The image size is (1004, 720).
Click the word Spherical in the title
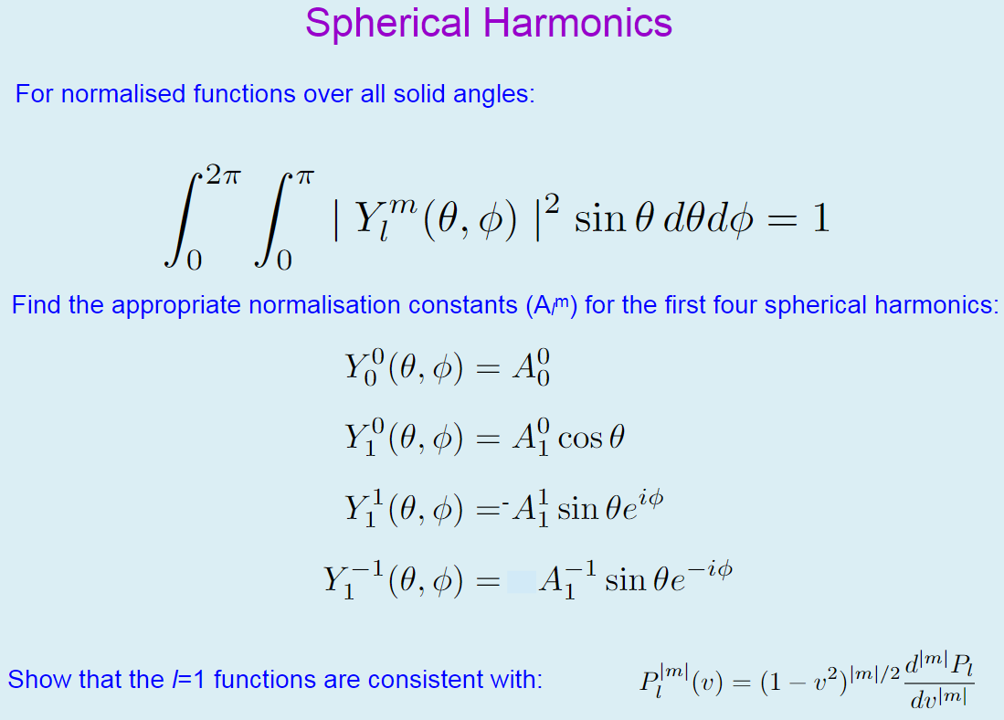pyautogui.click(x=389, y=24)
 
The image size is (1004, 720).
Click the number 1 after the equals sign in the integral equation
pyautogui.click(x=819, y=220)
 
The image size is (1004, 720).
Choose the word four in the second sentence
pyautogui.click(x=734, y=305)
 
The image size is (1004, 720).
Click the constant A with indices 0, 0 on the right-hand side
pyautogui.click(x=533, y=368)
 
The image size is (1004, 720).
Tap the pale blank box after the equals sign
pyautogui.click(x=520, y=581)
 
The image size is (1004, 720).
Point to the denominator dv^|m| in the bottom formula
pyautogui.click(x=938, y=702)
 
